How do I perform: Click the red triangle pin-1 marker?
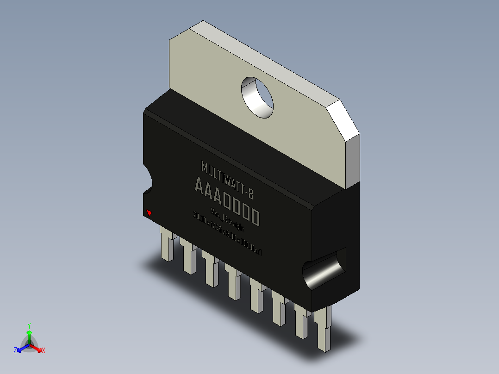coord(149,213)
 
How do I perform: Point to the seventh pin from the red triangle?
coord(302,322)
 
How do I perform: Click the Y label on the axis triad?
coord(29,325)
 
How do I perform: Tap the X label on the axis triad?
coord(44,350)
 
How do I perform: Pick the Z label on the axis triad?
coord(15,350)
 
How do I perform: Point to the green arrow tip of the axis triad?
coord(29,332)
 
